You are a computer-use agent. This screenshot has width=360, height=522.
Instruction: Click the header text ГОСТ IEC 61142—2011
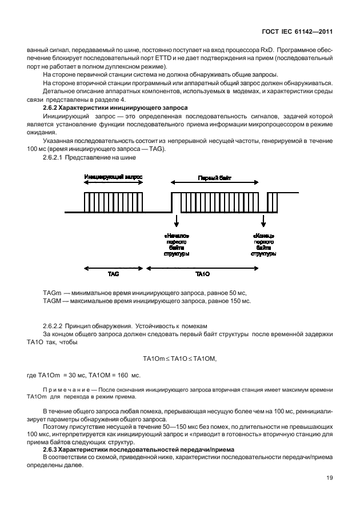coord(297,33)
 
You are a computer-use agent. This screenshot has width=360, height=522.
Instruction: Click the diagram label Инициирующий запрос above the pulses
coord(113,178)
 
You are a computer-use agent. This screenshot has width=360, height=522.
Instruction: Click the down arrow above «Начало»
coord(177,220)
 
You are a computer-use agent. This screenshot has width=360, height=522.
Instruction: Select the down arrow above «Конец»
coord(263,220)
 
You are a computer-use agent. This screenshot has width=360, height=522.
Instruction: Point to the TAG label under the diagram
coord(113,274)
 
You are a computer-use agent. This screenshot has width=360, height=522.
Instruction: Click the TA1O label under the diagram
coord(203,274)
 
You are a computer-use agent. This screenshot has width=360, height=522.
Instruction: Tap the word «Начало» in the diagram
coord(177,235)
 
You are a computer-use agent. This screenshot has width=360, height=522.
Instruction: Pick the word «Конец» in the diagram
coord(263,235)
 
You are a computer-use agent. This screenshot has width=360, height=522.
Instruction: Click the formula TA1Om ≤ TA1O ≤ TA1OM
coord(180,358)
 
